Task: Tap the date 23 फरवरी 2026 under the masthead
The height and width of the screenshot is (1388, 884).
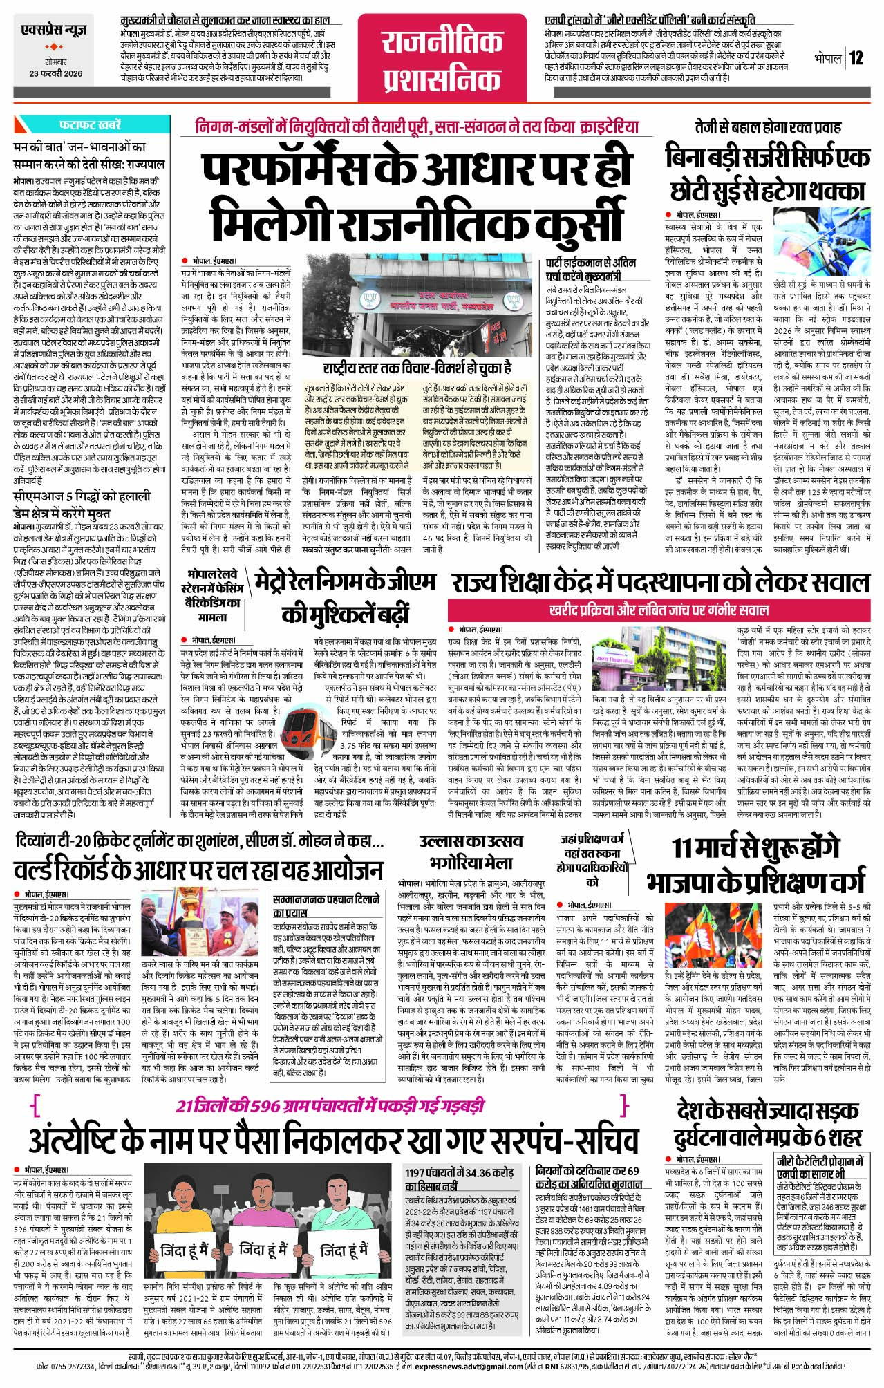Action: click(x=55, y=73)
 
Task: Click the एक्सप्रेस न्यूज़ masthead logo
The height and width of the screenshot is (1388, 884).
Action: click(x=55, y=32)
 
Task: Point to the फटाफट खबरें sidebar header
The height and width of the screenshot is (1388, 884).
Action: click(x=90, y=126)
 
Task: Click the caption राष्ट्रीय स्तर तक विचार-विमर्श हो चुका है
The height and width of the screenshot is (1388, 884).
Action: click(x=417, y=366)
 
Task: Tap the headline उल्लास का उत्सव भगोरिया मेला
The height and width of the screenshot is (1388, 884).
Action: click(x=471, y=852)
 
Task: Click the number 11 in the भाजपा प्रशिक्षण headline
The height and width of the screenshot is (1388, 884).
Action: click(x=686, y=849)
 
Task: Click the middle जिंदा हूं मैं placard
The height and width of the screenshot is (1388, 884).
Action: click(x=264, y=1250)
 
